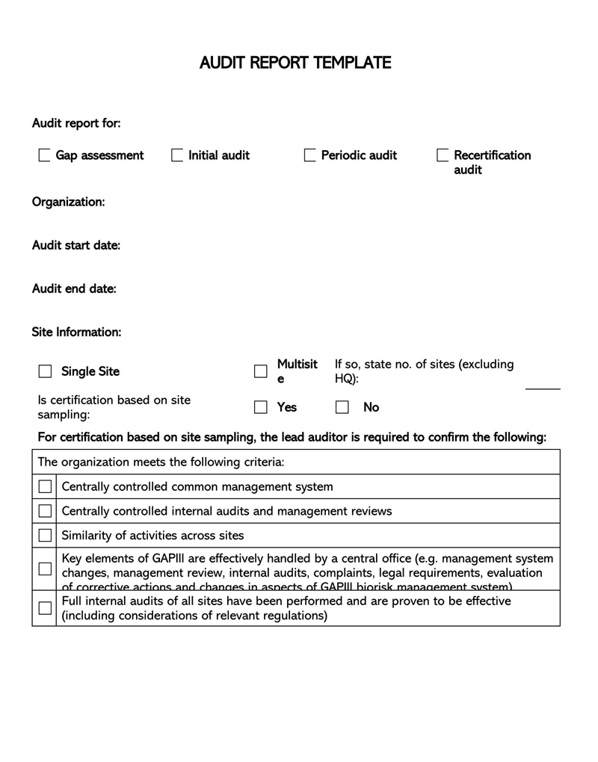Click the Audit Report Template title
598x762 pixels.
click(295, 63)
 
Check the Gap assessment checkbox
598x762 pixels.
click(45, 155)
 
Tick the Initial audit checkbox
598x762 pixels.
click(177, 155)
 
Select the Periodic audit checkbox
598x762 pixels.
click(310, 155)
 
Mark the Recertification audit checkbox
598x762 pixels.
click(443, 155)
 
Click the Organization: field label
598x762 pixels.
click(68, 202)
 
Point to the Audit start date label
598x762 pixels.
click(75, 245)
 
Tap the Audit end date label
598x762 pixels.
click(74, 288)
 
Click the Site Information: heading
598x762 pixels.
click(76, 332)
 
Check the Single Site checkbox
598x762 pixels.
click(46, 371)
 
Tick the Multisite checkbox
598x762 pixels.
click(261, 371)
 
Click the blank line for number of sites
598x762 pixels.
click(543, 386)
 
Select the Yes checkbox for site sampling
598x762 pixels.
click(261, 407)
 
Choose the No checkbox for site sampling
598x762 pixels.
click(342, 407)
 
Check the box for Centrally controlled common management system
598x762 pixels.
click(45, 487)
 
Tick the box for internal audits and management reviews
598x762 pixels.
click(45, 511)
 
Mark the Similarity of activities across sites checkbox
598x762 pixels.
click(45, 535)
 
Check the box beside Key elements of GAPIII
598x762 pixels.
click(45, 569)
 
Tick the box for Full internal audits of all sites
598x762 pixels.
click(45, 608)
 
